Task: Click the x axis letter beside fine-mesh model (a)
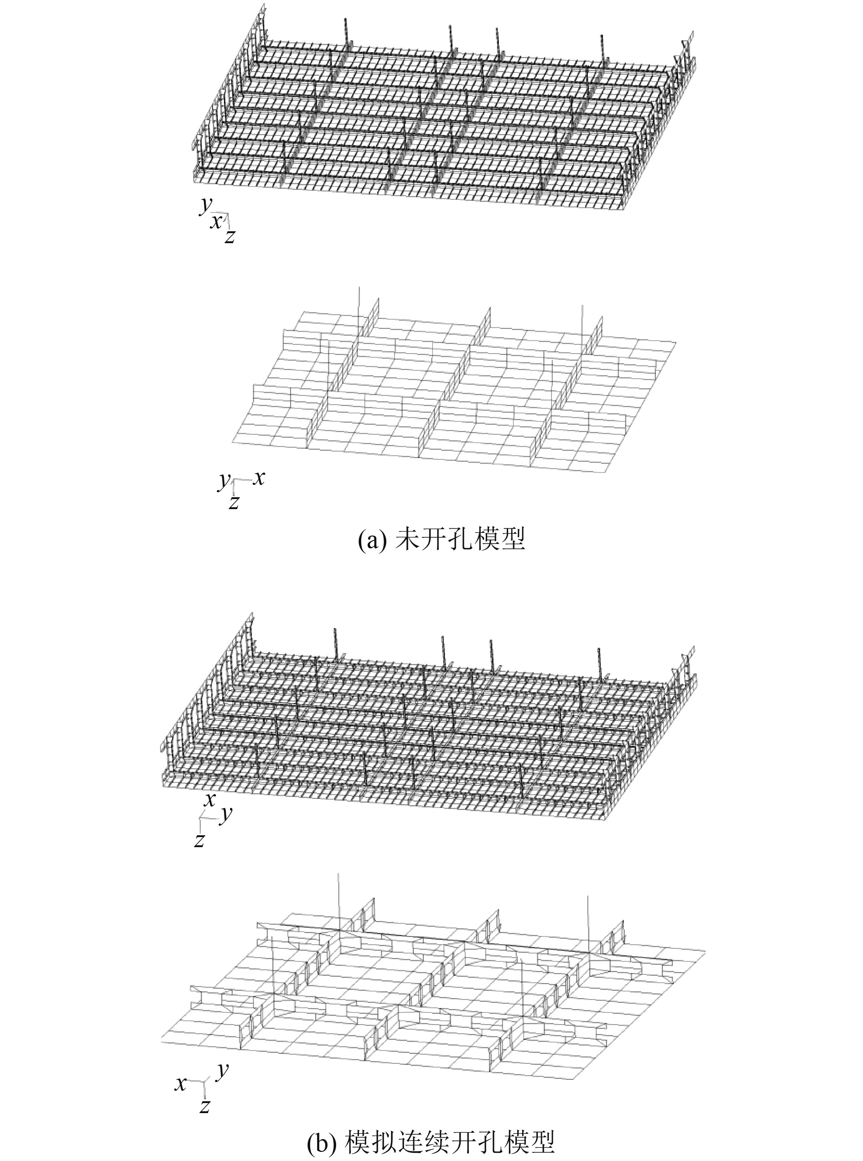point(215,221)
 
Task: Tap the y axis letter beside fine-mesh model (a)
point(204,205)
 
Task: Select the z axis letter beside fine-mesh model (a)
point(229,237)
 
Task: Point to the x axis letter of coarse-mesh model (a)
point(259,478)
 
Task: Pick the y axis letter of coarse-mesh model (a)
point(224,479)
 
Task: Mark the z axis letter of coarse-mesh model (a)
point(234,502)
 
